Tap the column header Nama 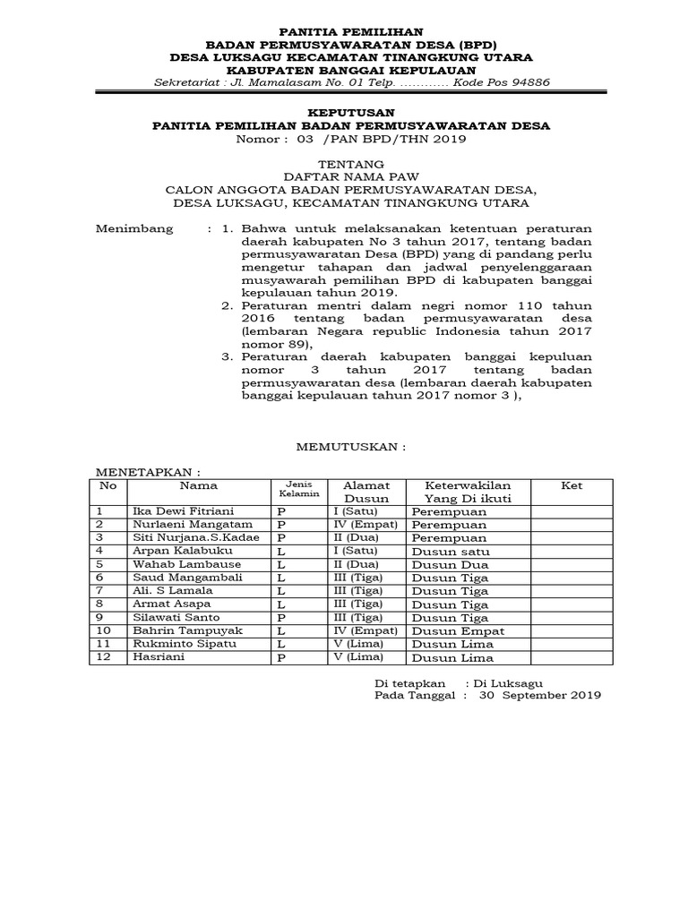coord(198,485)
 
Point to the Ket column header coord(572,485)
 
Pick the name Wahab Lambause coord(175,565)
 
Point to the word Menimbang coord(134,228)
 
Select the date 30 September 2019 coord(540,694)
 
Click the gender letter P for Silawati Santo coord(280,618)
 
